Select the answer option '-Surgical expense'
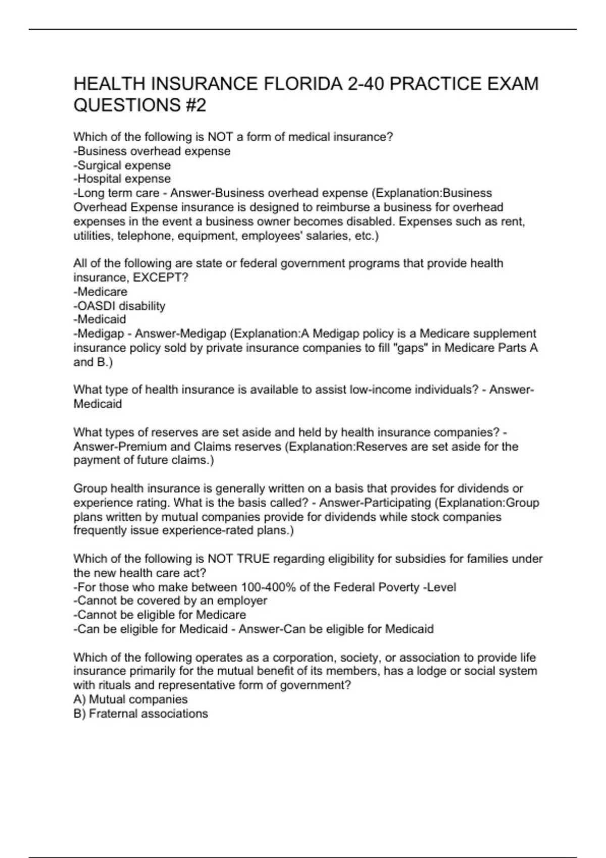122,165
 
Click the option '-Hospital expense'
122,179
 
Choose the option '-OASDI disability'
120,306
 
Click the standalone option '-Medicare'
100,292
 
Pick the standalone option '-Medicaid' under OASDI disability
100,319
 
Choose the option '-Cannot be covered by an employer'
170,601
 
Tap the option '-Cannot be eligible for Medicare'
160,615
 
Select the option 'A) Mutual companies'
130,700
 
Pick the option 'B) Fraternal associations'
140,714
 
